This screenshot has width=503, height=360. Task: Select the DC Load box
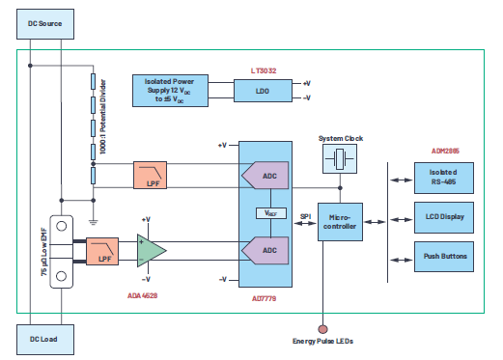tap(44, 340)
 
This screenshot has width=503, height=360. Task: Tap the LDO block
tap(262, 90)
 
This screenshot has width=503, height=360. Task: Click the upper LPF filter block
tap(151, 175)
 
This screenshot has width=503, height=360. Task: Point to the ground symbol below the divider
tap(94, 206)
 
